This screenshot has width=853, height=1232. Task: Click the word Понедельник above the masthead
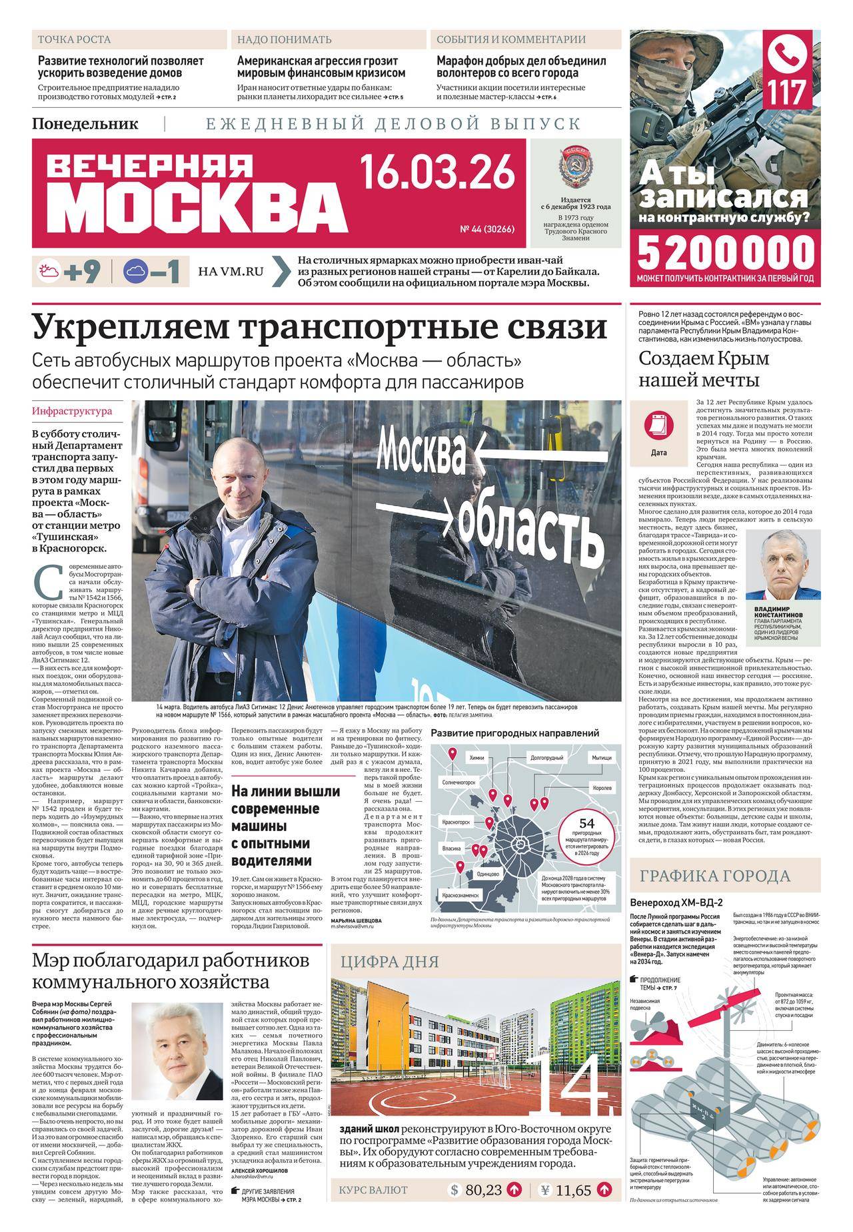coord(85,123)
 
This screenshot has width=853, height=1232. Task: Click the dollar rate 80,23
coord(483,1208)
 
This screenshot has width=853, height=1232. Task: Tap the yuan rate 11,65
coord(570,1208)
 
